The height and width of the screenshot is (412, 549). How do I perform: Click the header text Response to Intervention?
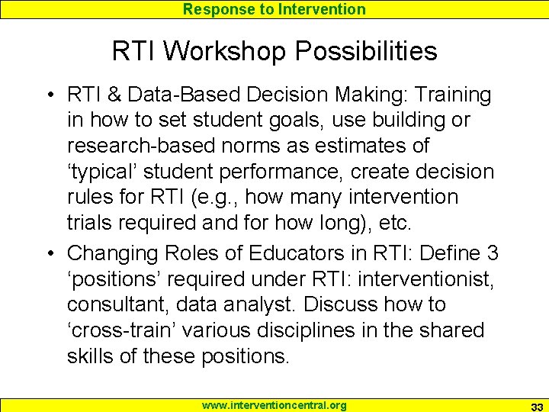[x=274, y=9]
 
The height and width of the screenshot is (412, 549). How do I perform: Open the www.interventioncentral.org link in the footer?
[x=274, y=405]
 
